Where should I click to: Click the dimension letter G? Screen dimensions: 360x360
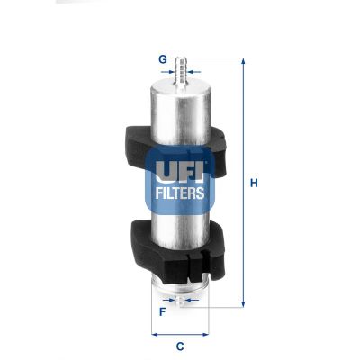[x=163, y=59]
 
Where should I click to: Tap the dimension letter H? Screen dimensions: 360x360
[x=255, y=184]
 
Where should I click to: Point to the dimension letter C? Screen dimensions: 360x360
[x=180, y=346]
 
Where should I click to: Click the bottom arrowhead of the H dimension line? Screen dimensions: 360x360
[x=243, y=306]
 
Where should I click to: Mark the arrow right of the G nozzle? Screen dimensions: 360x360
[x=196, y=67]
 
